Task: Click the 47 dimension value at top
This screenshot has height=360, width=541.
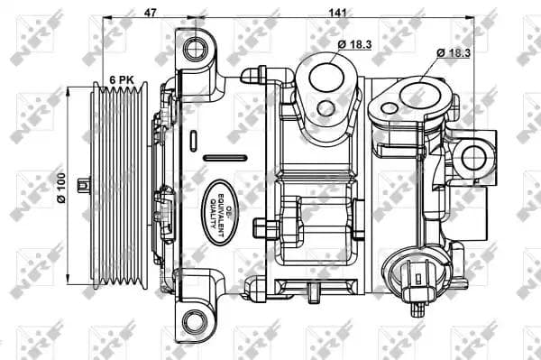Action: pyautogui.click(x=150, y=13)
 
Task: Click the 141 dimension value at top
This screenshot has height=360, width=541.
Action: pyautogui.click(x=337, y=13)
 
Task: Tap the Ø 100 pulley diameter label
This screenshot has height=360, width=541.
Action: pyautogui.click(x=61, y=188)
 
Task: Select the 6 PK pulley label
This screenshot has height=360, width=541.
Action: pyautogui.click(x=122, y=80)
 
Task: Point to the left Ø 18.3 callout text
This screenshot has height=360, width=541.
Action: pyautogui.click(x=355, y=44)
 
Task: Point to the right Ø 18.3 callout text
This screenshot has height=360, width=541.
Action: pyautogui.click(x=454, y=53)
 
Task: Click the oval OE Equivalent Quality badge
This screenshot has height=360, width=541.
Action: pyautogui.click(x=220, y=213)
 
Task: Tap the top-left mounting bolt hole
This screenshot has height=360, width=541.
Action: pyautogui.click(x=196, y=49)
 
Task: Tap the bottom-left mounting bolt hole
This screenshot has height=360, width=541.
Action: pyautogui.click(x=196, y=322)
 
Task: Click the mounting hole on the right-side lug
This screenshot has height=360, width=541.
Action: pyautogui.click(x=473, y=158)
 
